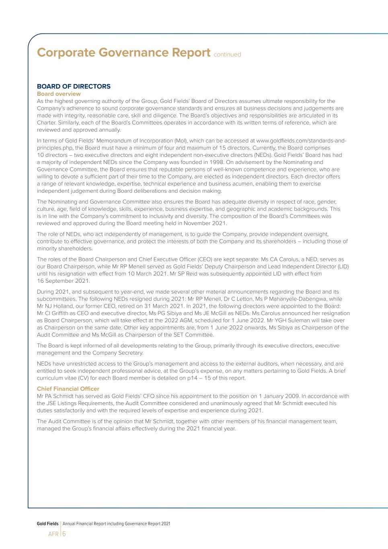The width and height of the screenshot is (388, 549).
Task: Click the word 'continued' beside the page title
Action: tap(227, 55)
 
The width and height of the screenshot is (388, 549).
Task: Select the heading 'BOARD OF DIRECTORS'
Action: tap(74, 86)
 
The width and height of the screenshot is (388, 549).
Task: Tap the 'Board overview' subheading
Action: tap(59, 94)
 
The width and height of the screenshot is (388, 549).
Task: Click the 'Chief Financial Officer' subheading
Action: tap(68, 389)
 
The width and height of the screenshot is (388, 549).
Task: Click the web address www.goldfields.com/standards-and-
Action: tap(301, 140)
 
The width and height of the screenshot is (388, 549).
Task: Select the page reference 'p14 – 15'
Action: tap(197, 378)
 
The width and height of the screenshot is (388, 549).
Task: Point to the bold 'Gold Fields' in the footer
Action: tap(47, 524)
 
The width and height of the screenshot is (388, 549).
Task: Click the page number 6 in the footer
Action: tap(64, 534)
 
